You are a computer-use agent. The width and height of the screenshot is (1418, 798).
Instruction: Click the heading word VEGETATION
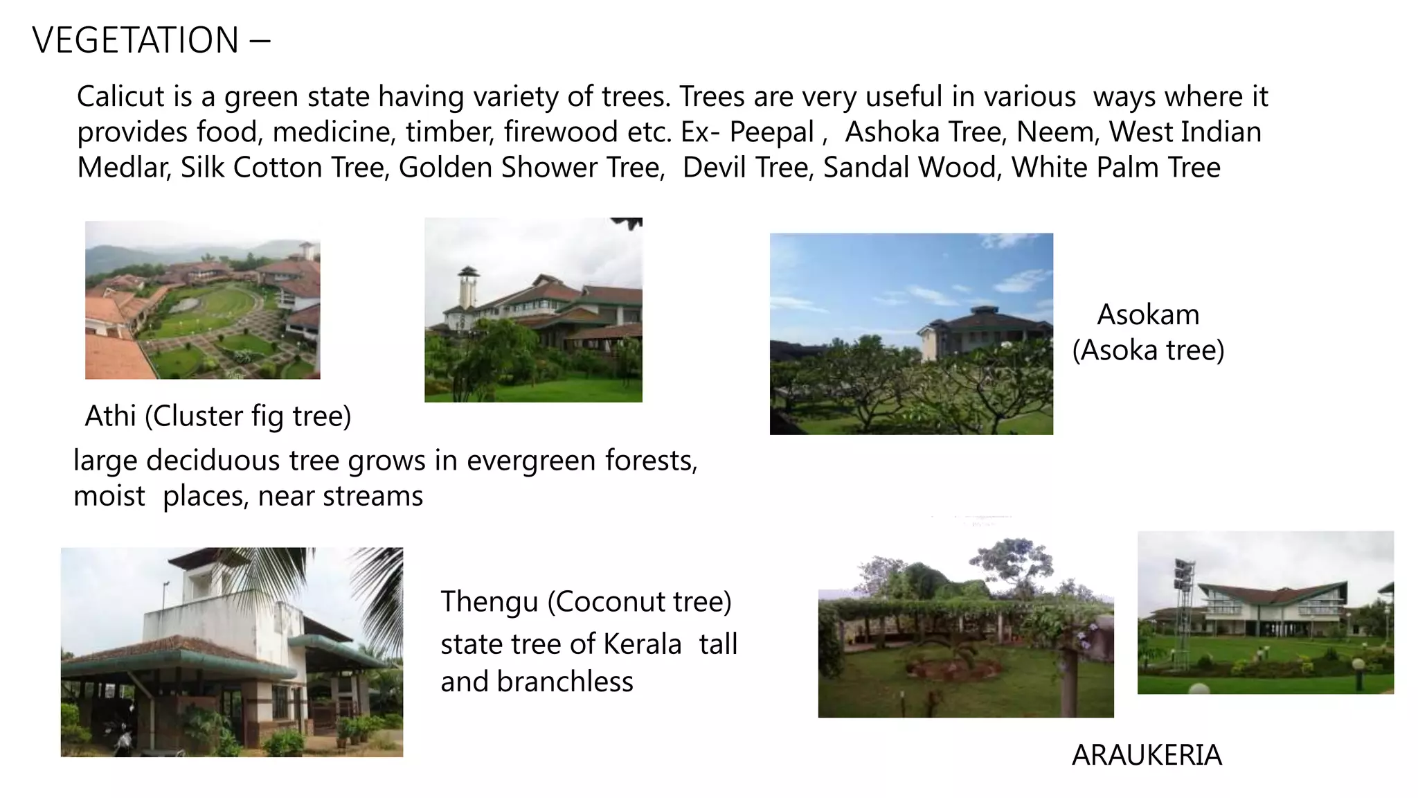(x=136, y=40)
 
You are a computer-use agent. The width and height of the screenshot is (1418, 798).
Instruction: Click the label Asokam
(x=1148, y=315)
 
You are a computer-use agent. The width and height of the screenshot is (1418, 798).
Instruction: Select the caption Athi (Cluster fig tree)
(x=218, y=416)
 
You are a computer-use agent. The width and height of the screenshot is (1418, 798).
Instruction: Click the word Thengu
(x=489, y=602)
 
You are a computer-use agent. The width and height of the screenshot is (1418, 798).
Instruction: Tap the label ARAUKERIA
(x=1147, y=755)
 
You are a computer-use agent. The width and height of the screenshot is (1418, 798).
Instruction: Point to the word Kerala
(x=642, y=644)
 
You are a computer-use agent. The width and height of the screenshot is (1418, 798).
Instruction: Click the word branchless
(x=564, y=682)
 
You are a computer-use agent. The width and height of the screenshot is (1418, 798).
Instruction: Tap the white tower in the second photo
(x=467, y=291)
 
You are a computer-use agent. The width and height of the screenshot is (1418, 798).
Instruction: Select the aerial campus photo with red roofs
(x=202, y=300)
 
